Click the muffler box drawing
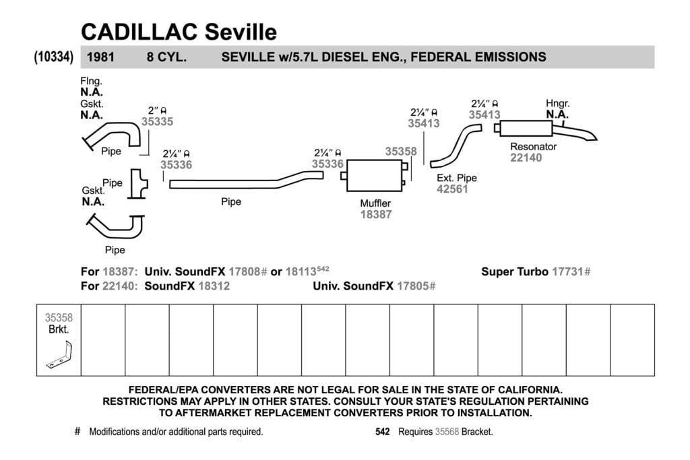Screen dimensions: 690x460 [375, 176]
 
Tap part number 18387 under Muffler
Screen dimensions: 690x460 [376, 215]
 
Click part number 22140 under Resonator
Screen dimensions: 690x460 [526, 158]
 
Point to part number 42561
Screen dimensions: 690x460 [452, 189]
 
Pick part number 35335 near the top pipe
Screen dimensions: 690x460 [157, 122]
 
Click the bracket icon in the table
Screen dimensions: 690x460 [59, 354]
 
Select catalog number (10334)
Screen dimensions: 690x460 [54, 57]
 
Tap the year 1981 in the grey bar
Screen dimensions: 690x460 [100, 57]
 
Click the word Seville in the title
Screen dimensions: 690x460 [241, 32]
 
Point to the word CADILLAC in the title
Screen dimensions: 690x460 [139, 32]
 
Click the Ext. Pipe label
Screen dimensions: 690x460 [457, 178]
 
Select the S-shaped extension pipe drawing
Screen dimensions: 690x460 [456, 145]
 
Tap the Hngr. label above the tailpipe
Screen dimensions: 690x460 [557, 103]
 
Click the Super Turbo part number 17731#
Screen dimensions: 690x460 [571, 272]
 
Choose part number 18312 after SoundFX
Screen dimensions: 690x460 [214, 286]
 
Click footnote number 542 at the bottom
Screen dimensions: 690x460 [383, 432]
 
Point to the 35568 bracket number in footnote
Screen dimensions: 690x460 [447, 432]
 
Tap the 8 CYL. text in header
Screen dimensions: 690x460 [166, 57]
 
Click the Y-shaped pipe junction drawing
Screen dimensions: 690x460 [138, 184]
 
